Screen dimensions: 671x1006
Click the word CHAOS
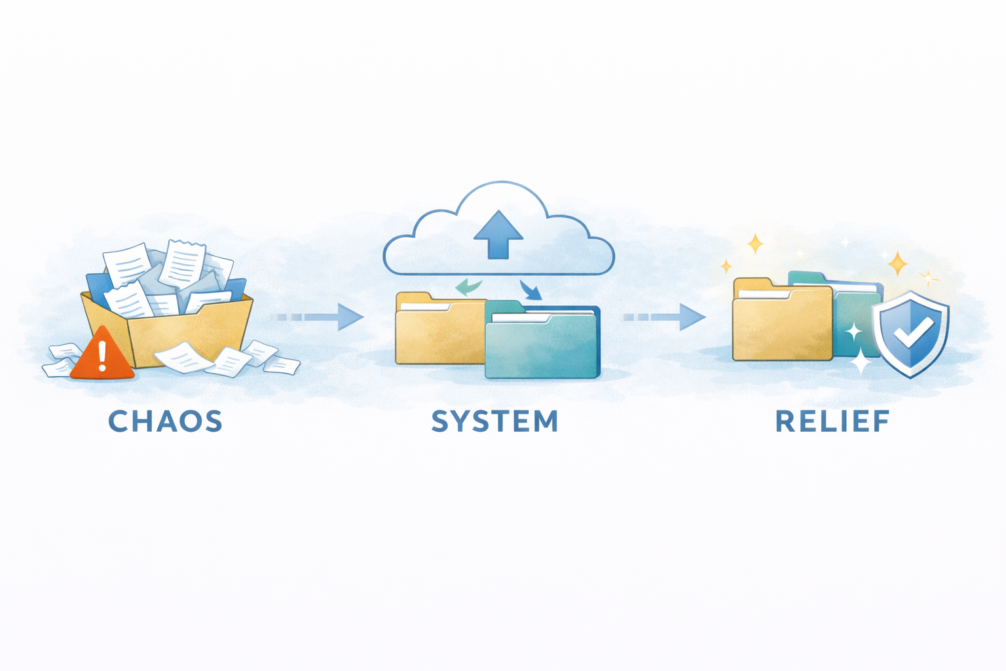165,421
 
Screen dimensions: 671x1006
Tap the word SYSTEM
495,421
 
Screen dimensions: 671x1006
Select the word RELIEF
832,421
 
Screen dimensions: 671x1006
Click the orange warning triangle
102,356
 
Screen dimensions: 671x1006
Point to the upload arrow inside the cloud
498,234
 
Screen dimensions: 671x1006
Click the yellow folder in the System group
438,331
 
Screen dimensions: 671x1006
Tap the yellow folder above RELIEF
781,324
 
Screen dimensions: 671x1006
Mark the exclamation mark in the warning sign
102,356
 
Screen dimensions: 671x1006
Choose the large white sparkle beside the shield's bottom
860,361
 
